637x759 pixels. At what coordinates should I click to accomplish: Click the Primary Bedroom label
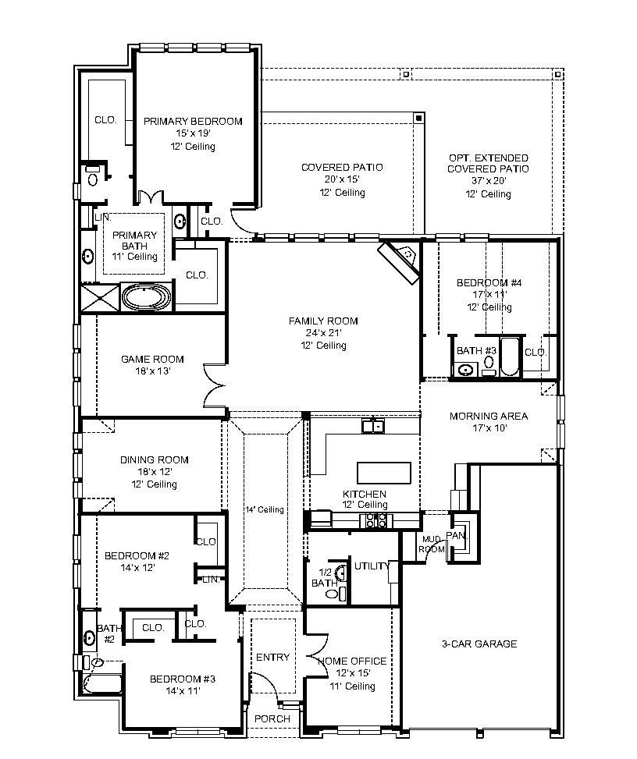click(193, 121)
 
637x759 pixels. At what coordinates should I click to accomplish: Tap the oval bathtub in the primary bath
click(146, 297)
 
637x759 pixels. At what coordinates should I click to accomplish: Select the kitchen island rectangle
click(383, 473)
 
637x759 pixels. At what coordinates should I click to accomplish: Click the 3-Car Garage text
click(479, 644)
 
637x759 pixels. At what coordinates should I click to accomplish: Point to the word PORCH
click(272, 718)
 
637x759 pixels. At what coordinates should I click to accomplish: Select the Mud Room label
click(433, 544)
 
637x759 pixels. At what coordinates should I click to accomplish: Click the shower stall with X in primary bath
click(100, 297)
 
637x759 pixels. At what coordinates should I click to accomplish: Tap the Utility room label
click(371, 566)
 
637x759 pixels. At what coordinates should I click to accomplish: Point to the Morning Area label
click(488, 416)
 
